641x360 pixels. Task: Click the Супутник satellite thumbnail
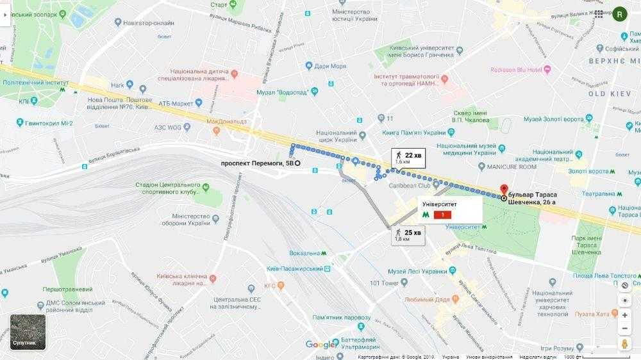tap(28, 332)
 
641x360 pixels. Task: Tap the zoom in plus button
tap(625, 315)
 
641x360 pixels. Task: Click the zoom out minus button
tap(625, 329)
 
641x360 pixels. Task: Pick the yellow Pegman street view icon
tap(625, 344)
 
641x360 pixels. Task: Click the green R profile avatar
tap(620, 14)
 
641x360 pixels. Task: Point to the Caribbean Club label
tap(410, 185)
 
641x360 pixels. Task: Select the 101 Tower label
tap(384, 283)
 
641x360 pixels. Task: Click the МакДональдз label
tap(226, 121)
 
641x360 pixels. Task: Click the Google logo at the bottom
tap(320, 345)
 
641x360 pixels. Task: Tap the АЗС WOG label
tap(169, 127)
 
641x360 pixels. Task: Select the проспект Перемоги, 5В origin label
tap(256, 163)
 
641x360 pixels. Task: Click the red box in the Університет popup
tap(443, 215)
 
